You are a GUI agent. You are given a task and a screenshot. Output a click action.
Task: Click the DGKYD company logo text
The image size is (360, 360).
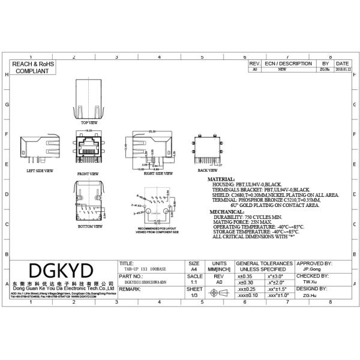61,269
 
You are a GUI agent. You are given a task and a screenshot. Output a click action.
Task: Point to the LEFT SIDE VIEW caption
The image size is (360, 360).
40,171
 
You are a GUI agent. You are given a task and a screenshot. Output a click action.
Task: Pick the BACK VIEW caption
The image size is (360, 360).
208,170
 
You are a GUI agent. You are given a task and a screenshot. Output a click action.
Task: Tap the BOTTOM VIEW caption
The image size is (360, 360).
90,227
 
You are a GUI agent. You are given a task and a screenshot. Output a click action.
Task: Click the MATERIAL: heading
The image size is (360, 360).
221,179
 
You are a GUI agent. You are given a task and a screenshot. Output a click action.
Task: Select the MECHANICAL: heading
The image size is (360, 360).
226,212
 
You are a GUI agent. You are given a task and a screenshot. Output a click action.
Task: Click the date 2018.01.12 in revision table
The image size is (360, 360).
342,70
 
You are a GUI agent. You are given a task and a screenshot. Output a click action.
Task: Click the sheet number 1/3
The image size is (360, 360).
193,295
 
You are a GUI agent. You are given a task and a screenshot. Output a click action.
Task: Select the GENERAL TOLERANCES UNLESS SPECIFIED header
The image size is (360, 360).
265,266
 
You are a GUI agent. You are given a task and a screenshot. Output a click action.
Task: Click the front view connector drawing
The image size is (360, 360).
88,149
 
